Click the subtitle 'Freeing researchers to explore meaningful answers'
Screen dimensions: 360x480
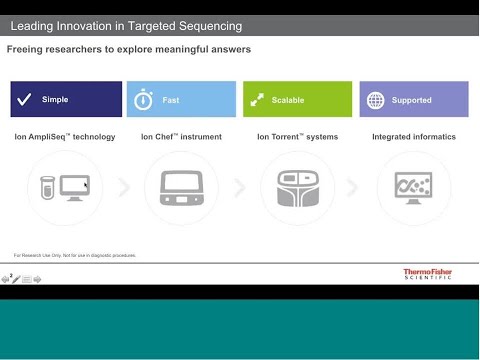(129, 49)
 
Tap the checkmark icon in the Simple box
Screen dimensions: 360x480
(26, 100)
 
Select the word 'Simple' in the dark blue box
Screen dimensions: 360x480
(56, 100)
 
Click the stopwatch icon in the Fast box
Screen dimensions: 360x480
(143, 100)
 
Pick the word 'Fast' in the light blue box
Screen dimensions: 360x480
(172, 100)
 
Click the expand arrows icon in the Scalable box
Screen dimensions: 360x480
(257, 100)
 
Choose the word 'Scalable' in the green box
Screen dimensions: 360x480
(288, 100)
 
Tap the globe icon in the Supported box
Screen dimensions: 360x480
(375, 100)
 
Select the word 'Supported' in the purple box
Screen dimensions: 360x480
(412, 100)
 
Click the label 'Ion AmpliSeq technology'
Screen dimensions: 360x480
(65, 136)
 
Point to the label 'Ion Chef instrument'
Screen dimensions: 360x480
(181, 136)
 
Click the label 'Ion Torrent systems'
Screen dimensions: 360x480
(297, 136)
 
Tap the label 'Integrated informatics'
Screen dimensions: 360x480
(413, 136)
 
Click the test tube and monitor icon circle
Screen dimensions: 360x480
(65, 187)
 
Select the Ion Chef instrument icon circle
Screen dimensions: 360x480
(181, 187)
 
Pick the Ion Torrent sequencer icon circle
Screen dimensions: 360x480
(297, 187)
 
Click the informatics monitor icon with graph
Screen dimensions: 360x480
(413, 187)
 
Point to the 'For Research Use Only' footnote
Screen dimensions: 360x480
(75, 255)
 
